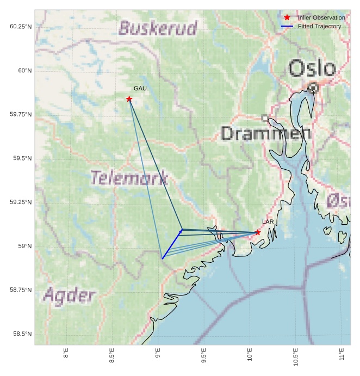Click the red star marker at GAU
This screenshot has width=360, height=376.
coord(129,98)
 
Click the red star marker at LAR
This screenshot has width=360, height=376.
coord(258,232)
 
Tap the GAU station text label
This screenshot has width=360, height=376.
coord(140,88)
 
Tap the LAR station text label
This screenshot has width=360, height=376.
coord(268,222)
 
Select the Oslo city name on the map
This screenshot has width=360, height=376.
coord(312,69)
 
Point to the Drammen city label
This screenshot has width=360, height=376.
coord(266,133)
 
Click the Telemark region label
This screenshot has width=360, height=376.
coord(129,178)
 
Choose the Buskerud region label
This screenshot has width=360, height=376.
coord(158,28)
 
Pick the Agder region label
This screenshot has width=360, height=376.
coord(69,296)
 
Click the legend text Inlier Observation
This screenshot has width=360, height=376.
coord(321,17)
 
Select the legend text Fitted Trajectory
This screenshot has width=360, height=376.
coord(320,26)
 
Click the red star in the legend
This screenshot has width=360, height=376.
coord(287,17)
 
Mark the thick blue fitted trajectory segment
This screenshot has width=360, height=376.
coord(172,244)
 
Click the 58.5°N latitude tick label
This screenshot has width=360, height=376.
coord(20,334)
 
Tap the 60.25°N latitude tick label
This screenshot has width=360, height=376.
coord(20,27)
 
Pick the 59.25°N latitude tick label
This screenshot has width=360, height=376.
coord(20,202)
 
